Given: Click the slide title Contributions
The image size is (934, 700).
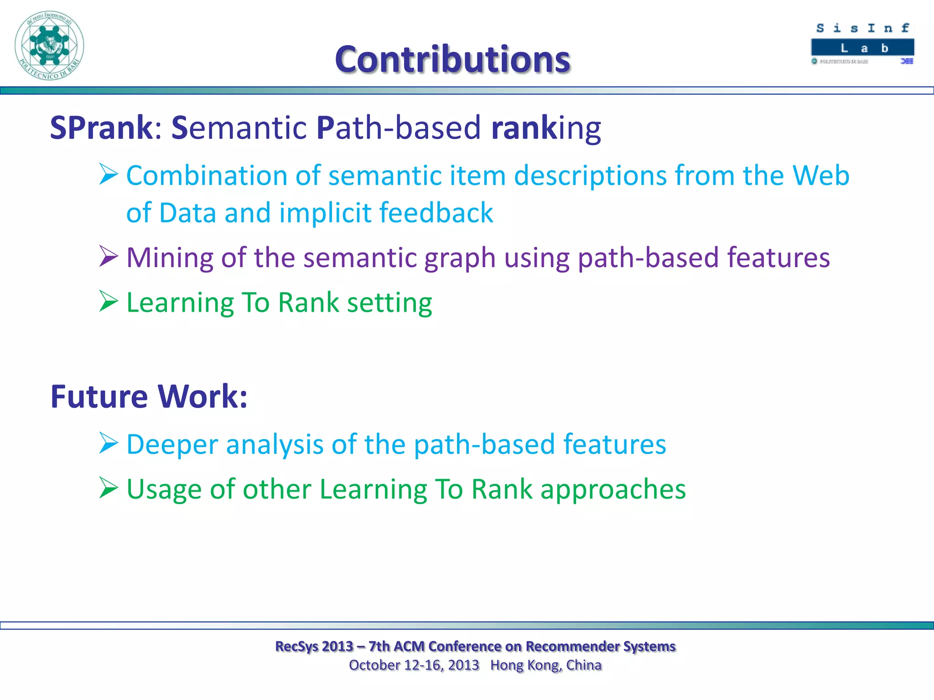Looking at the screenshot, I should [452, 59].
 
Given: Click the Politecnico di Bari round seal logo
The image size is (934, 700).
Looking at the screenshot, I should [49, 46].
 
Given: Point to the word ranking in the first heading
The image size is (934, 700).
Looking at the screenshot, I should [546, 128].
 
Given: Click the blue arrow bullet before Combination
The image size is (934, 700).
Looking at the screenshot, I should [109, 175].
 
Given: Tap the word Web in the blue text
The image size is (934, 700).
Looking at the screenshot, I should [821, 175].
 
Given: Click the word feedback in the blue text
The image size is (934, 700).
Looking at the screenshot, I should [436, 213].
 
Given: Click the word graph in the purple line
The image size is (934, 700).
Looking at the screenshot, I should [460, 258].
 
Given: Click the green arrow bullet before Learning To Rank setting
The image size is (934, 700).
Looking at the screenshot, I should [109, 301].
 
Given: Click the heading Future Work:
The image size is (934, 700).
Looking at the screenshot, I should [149, 396].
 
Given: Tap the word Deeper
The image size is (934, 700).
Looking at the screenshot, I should [172, 445].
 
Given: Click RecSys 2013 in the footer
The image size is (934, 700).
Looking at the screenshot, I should [314, 646].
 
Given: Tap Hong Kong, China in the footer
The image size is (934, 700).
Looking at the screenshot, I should [546, 665].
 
